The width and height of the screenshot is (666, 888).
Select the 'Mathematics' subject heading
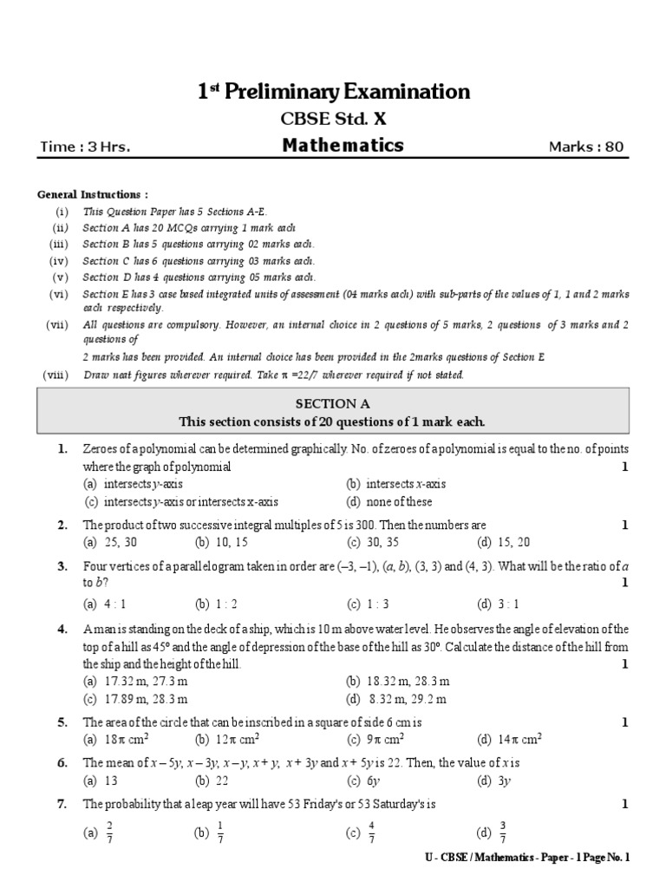[343, 146]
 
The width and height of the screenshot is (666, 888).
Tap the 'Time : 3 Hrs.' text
[85, 147]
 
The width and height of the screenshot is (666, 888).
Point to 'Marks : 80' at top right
[586, 147]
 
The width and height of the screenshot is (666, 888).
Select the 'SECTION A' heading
[332, 403]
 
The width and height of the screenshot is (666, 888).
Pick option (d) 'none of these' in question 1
[396, 501]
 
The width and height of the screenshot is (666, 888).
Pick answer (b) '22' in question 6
[219, 780]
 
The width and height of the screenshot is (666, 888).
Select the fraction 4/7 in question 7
[371, 832]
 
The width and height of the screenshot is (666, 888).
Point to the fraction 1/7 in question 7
[220, 832]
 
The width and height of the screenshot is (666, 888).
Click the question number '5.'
[62, 722]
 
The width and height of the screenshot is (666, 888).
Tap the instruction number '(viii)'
[55, 375]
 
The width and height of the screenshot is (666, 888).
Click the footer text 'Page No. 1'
[602, 858]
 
